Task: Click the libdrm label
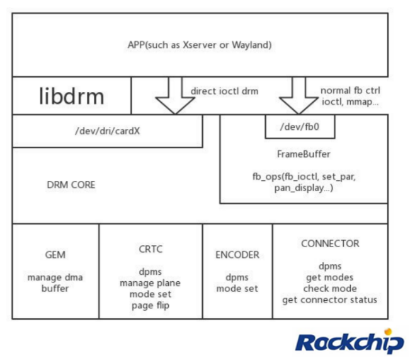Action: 71,96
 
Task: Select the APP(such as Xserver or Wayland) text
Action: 200,45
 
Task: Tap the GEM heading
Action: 55,255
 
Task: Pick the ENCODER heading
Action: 237,255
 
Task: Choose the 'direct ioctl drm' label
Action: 224,91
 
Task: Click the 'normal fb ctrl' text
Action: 350,90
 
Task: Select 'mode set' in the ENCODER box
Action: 237,288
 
